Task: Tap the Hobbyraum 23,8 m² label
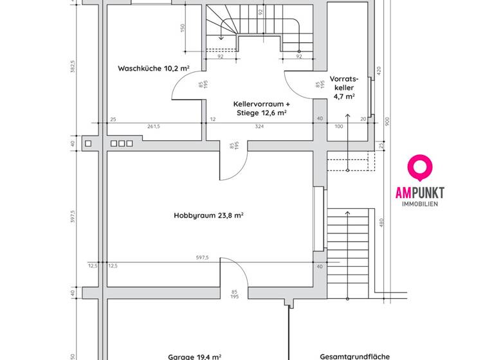[208, 216]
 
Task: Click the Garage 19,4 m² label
[195, 356]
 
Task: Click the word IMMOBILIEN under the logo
[420, 204]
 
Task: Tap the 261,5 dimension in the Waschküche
[154, 126]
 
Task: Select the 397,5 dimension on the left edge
[73, 217]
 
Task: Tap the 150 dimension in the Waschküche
[183, 29]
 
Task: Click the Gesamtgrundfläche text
[354, 356]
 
